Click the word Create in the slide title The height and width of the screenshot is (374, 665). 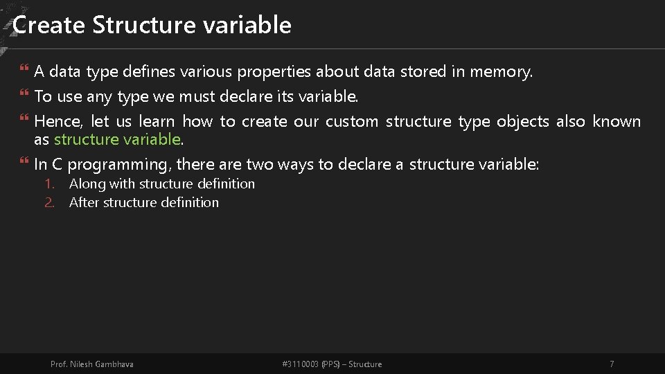coord(48,25)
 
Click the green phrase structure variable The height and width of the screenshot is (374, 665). coord(118,139)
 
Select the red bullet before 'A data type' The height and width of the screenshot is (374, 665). coord(24,67)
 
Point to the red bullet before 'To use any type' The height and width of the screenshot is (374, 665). coord(24,92)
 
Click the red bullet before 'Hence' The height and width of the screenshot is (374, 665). coord(24,118)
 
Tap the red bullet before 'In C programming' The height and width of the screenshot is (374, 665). coord(24,160)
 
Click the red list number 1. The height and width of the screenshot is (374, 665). coord(50,184)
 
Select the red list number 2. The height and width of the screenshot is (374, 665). coord(50,203)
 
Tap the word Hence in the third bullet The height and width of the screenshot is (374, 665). coord(58,122)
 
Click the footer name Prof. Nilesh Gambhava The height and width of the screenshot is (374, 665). coord(91,364)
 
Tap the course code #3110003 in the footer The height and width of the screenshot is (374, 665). coord(300,364)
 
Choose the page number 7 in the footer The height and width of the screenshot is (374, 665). coord(612,364)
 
